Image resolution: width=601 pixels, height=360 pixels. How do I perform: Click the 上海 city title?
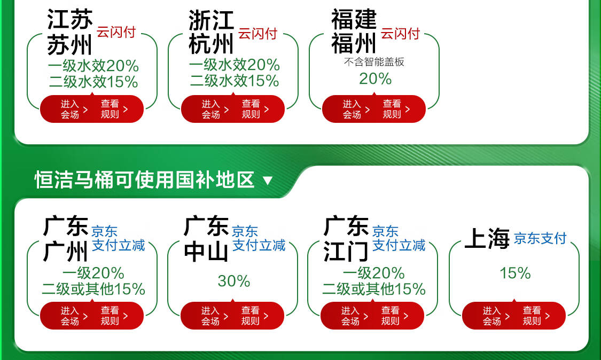tap(487, 238)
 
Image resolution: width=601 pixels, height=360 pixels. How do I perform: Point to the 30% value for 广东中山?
tap(234, 281)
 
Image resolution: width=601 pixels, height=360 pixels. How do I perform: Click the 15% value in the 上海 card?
tap(515, 273)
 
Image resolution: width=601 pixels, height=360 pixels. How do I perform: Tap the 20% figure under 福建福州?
tap(375, 79)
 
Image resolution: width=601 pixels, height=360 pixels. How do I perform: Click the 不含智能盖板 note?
tap(374, 62)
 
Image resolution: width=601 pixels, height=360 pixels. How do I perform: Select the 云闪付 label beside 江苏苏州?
tap(116, 32)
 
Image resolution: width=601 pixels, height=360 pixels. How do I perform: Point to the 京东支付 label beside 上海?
tap(540, 238)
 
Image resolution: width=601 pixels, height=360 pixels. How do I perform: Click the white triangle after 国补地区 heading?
tap(268, 181)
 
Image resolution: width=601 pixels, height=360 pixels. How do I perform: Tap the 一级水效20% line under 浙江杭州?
tap(234, 65)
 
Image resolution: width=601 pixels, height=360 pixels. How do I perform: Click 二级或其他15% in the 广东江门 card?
tap(374, 288)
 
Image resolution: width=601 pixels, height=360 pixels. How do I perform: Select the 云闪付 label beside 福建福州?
tap(400, 33)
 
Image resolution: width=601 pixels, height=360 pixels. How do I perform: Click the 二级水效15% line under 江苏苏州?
tap(93, 82)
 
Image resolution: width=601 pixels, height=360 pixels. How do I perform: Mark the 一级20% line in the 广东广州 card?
tap(93, 273)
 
